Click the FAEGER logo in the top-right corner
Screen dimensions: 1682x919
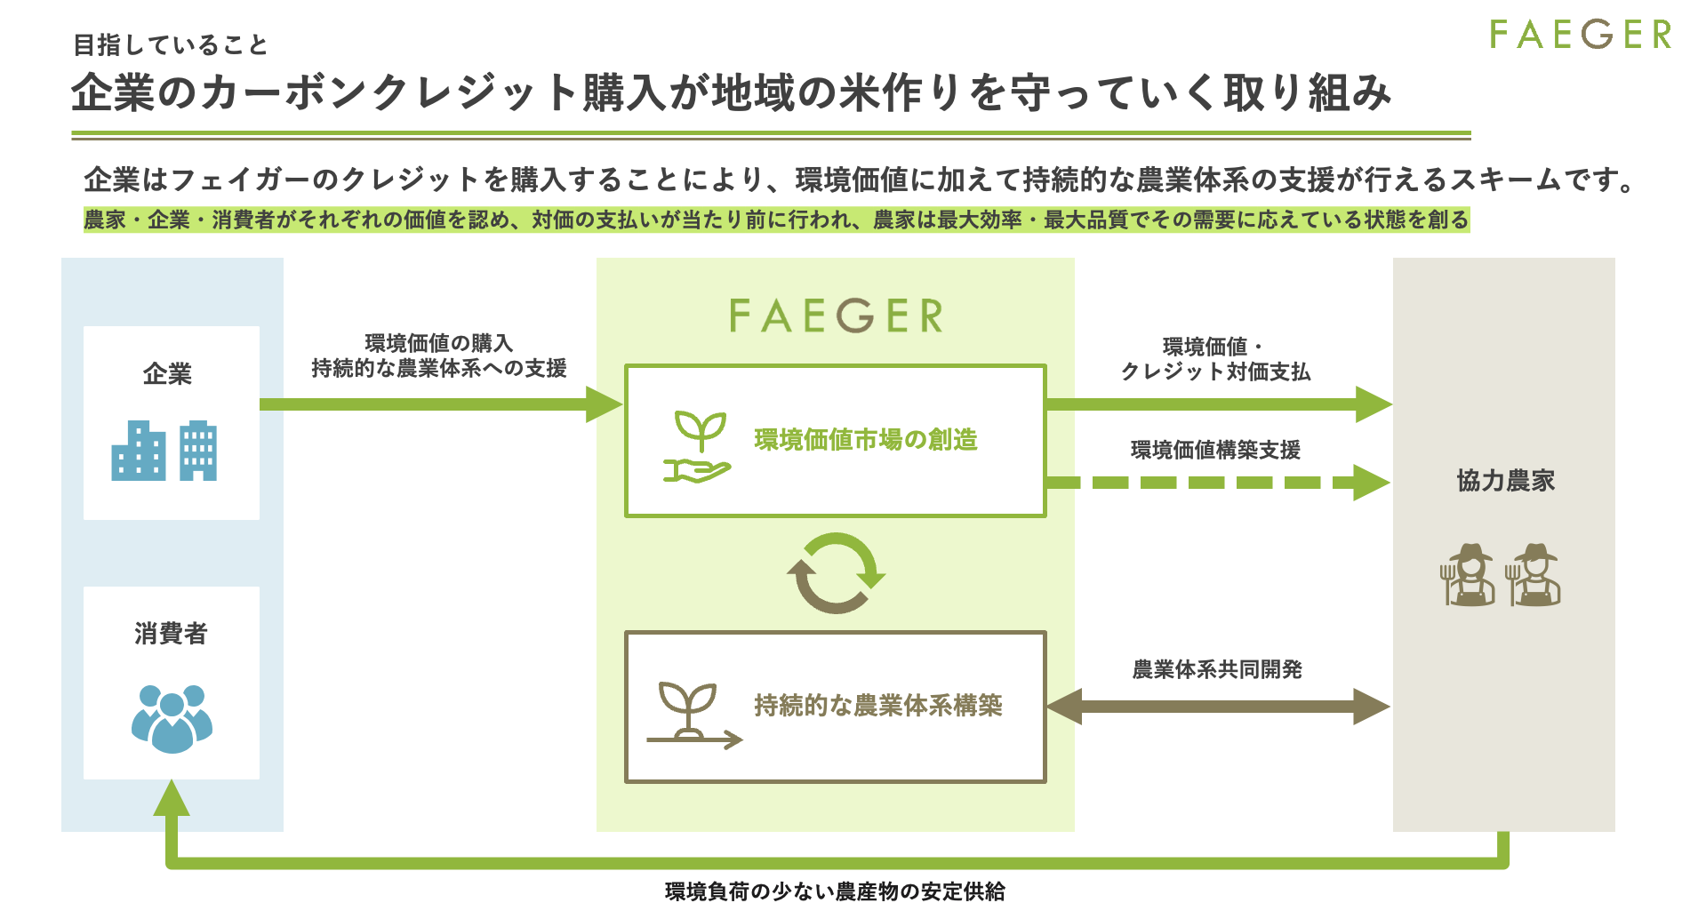(1580, 35)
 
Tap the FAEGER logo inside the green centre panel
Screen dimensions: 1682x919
(836, 316)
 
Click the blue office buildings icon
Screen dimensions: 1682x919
(164, 451)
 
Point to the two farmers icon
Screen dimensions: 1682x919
(1501, 575)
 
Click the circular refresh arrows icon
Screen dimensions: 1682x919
(837, 573)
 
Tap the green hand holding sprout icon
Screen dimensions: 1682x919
(698, 447)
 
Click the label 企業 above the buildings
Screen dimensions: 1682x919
(167, 374)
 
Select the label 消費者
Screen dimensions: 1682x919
(171, 634)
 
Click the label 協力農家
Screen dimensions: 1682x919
(1506, 481)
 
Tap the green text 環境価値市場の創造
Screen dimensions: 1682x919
(866, 440)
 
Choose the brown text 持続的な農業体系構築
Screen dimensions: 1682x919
(878, 706)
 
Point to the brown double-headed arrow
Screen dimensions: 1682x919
(1218, 707)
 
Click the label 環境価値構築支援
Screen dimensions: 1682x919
(1215, 451)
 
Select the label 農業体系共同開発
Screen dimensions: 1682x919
(1217, 669)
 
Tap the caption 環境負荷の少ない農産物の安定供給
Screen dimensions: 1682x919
(836, 891)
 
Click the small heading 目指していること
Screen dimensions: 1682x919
(171, 44)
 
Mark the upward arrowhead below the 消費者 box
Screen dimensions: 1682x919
(172, 798)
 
